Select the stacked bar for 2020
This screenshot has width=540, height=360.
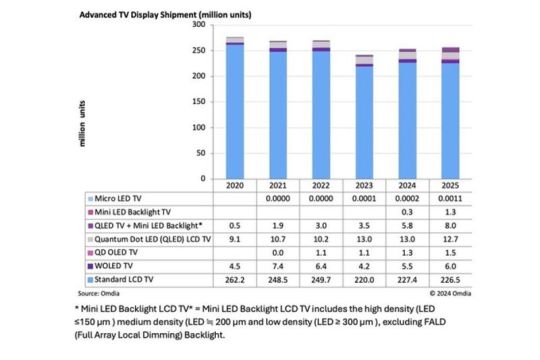[x=236, y=110]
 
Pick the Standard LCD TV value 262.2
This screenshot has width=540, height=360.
[x=236, y=281]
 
